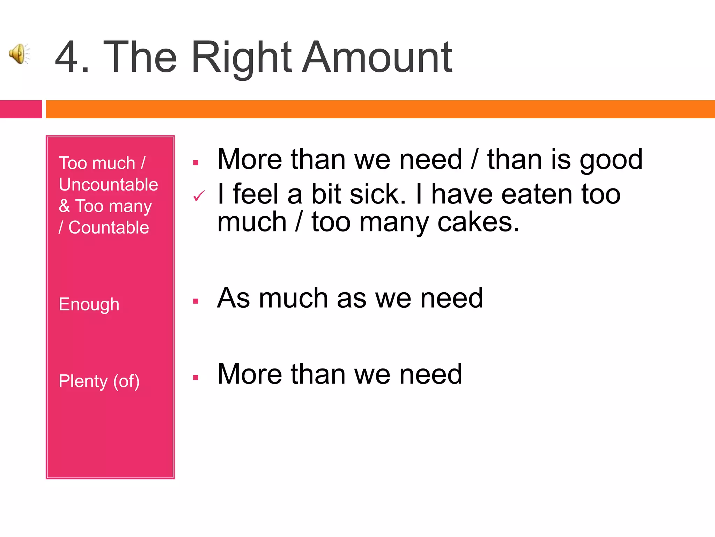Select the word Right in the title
pyautogui.click(x=241, y=58)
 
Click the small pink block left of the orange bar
pyautogui.click(x=21, y=109)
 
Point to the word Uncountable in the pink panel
pyautogui.click(x=108, y=185)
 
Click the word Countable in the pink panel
pyautogui.click(x=109, y=228)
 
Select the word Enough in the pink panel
pyautogui.click(x=89, y=304)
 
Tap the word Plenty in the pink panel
pyautogui.click(x=83, y=381)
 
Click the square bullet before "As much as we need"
pyautogui.click(x=196, y=301)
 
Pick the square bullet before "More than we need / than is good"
pyautogui.click(x=196, y=163)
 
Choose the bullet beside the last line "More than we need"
pyautogui.click(x=196, y=377)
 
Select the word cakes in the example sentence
pyautogui.click(x=478, y=222)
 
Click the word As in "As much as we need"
pyautogui.click(x=233, y=298)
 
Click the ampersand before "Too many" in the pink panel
pyautogui.click(x=64, y=206)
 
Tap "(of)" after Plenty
pyautogui.click(x=126, y=381)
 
